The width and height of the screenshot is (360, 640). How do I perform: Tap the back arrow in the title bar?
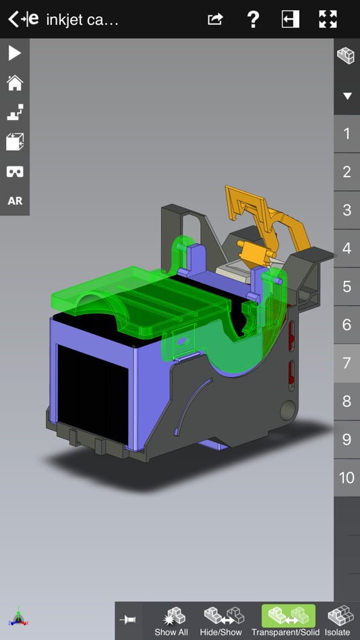13,19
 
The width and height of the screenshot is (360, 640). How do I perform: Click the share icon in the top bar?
215,19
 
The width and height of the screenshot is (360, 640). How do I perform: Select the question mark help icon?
253,19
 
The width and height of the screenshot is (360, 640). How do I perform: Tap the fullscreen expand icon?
328,19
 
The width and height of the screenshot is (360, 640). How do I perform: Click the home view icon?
15,83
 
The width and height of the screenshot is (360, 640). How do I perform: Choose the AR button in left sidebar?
15,201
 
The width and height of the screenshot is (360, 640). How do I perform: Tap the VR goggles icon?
15,172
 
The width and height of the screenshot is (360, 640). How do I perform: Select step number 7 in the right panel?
347,363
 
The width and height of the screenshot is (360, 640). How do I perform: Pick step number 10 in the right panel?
347,478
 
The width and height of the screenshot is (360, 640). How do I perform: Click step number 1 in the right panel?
347,133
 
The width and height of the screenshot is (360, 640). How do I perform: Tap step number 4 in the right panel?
347,248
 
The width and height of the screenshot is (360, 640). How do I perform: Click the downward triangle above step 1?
347,96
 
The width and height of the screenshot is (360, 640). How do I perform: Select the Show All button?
171,620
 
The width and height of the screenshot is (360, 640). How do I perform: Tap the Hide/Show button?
221,620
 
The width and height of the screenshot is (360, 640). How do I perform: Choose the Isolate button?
338,620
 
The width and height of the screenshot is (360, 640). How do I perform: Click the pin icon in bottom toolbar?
128,620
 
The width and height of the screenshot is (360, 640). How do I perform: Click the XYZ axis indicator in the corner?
18,617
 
